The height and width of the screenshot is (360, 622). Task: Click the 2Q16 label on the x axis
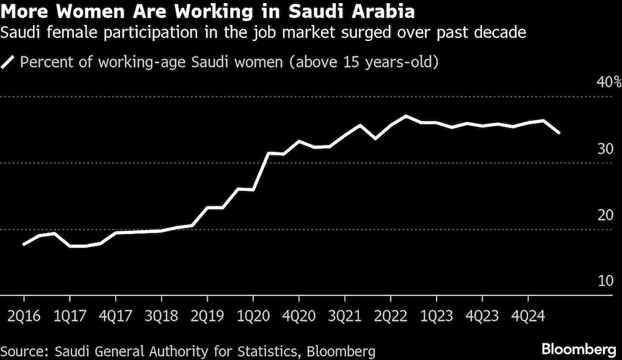pyautogui.click(x=24, y=315)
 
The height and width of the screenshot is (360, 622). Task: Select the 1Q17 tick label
pyautogui.click(x=70, y=315)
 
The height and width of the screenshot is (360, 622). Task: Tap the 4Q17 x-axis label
pyautogui.click(x=116, y=315)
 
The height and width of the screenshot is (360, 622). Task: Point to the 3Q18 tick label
pyautogui.click(x=162, y=315)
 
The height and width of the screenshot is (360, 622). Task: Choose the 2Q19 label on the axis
pyautogui.click(x=208, y=315)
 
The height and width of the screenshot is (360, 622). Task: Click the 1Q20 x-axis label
pyautogui.click(x=253, y=315)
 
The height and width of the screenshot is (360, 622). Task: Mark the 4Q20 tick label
pyautogui.click(x=299, y=315)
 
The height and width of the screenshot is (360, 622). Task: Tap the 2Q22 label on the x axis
pyautogui.click(x=391, y=315)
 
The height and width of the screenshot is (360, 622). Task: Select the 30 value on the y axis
pyautogui.click(x=606, y=149)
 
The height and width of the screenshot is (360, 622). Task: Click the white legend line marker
pyautogui.click(x=9, y=62)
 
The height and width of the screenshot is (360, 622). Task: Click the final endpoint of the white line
pyautogui.click(x=559, y=132)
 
